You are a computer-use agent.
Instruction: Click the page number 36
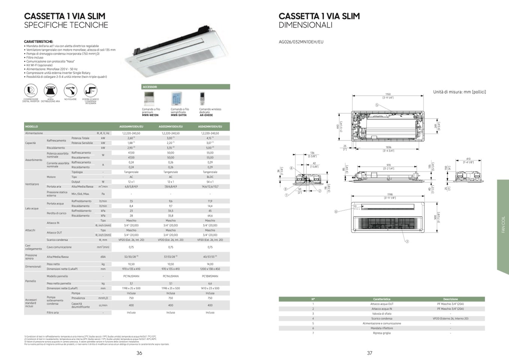click(x=139, y=353)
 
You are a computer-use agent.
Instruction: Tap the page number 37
click(x=369, y=353)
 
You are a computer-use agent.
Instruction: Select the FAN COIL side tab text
click(x=503, y=224)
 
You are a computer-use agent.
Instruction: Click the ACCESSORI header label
click(x=150, y=87)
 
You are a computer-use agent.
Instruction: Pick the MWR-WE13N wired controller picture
click(x=149, y=99)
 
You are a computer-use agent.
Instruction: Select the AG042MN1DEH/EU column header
click(x=210, y=127)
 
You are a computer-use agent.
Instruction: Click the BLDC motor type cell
click(x=210, y=177)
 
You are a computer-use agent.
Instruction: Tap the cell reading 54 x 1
click(x=210, y=182)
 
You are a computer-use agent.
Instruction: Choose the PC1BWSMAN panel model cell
click(x=210, y=276)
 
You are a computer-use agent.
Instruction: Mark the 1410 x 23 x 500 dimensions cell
click(x=210, y=288)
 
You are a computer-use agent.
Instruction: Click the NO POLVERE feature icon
click(x=70, y=91)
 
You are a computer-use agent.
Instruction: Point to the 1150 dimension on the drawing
click(x=388, y=95)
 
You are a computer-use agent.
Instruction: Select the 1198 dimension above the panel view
click(x=389, y=194)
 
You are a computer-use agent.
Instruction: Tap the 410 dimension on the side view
click(x=468, y=159)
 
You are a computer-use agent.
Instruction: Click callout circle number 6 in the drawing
click(x=336, y=212)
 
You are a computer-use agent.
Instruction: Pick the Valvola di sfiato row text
click(x=381, y=314)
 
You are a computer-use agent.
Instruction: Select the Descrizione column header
click(x=450, y=299)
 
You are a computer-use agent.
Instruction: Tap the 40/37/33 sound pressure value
click(x=209, y=257)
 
